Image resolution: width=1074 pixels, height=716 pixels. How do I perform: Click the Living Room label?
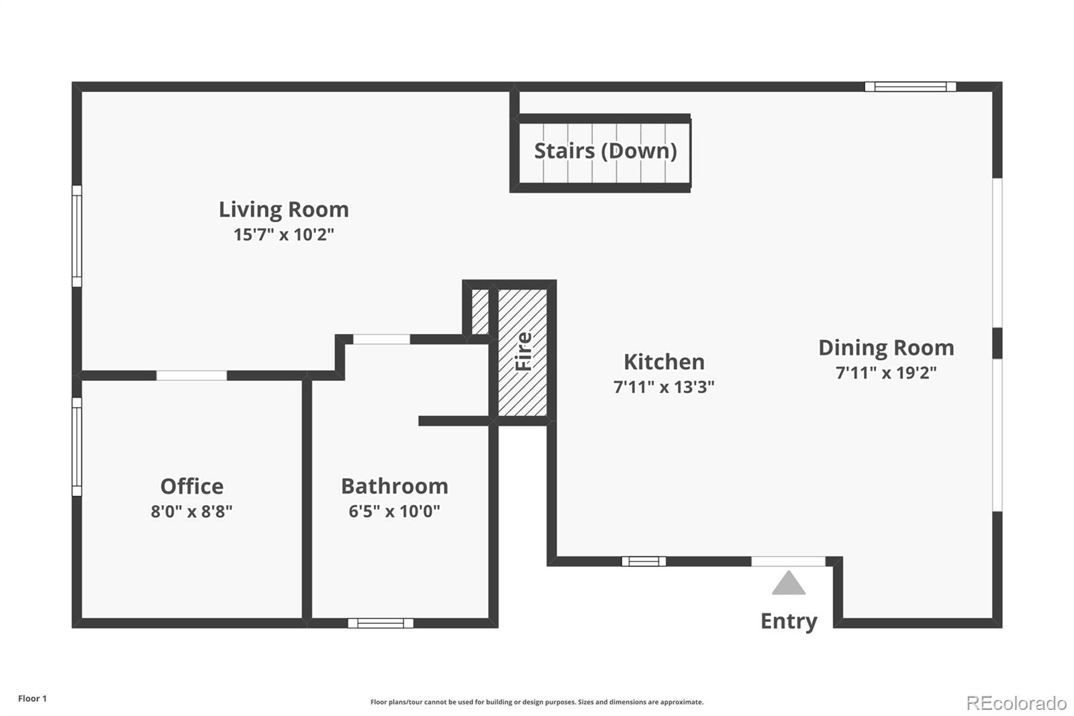click(x=284, y=210)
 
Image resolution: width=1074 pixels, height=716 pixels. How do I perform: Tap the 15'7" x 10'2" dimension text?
click(x=284, y=234)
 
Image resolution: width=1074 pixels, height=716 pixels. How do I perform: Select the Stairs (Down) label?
click(x=605, y=151)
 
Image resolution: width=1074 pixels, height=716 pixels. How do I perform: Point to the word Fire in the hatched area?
click(x=524, y=351)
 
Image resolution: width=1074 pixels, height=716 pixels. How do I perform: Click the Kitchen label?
click(x=664, y=362)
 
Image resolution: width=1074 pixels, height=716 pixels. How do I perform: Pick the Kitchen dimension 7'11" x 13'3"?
click(x=664, y=387)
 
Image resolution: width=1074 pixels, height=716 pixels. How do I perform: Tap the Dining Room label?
click(x=886, y=348)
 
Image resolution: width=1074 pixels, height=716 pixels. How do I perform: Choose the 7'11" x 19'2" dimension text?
click(x=886, y=373)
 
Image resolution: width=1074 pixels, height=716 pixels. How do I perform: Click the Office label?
click(x=192, y=486)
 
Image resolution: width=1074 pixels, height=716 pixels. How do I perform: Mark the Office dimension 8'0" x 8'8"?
click(x=192, y=512)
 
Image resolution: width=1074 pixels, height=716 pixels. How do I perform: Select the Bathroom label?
click(x=395, y=486)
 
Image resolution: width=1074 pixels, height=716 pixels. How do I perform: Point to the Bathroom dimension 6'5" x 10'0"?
click(x=395, y=511)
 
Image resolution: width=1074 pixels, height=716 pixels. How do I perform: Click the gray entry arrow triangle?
click(x=789, y=583)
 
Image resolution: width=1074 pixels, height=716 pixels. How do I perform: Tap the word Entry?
click(x=789, y=621)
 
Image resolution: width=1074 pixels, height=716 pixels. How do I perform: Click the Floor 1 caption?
click(x=32, y=699)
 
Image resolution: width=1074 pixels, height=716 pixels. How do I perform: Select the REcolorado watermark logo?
click(x=1016, y=703)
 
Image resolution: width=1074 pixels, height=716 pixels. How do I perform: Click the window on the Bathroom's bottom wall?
click(x=381, y=623)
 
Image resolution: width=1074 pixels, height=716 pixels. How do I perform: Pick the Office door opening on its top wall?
click(x=192, y=375)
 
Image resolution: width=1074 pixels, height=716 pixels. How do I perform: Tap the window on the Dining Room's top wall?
click(x=910, y=87)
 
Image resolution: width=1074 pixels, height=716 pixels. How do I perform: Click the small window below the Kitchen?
click(x=644, y=562)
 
